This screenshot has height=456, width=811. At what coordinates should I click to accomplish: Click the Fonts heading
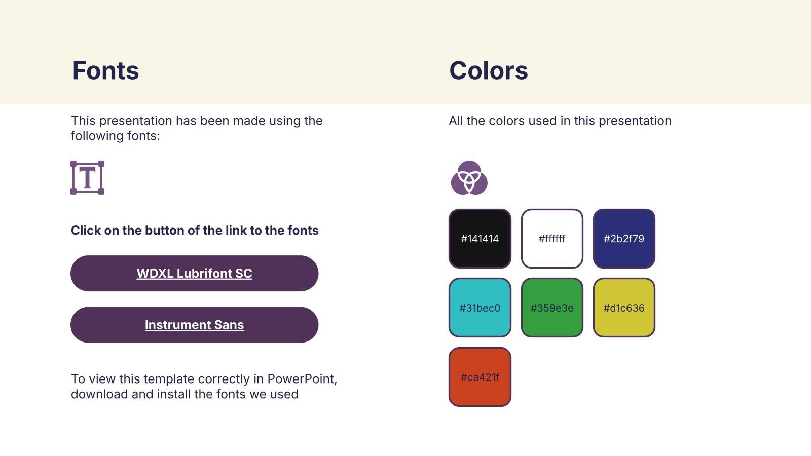coord(105,70)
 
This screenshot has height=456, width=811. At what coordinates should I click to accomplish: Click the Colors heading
coord(489,70)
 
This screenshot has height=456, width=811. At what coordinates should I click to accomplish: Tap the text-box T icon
coord(87,178)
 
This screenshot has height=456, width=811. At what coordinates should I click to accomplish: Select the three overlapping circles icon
coord(469,178)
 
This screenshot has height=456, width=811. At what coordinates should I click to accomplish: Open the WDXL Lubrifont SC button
coord(195,273)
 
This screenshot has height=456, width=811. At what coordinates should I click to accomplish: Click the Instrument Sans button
coord(195,325)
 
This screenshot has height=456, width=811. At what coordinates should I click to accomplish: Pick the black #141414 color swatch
coord(480,239)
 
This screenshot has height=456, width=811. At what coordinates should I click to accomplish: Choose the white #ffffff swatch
coord(552,239)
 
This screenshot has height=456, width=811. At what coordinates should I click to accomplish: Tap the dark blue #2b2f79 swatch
coord(624,239)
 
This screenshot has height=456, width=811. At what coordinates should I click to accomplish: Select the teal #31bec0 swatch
coord(480,308)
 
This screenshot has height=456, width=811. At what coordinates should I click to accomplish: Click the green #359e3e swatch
coord(552,308)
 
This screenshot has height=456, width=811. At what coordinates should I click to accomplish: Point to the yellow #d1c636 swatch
coord(624,308)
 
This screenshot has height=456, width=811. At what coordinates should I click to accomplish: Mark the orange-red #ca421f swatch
coord(480,377)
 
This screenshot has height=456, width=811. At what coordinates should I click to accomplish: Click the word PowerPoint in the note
coord(302,379)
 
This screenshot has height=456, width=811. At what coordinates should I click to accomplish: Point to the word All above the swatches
coord(456,121)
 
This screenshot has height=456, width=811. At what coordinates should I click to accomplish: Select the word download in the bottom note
coord(99,394)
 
